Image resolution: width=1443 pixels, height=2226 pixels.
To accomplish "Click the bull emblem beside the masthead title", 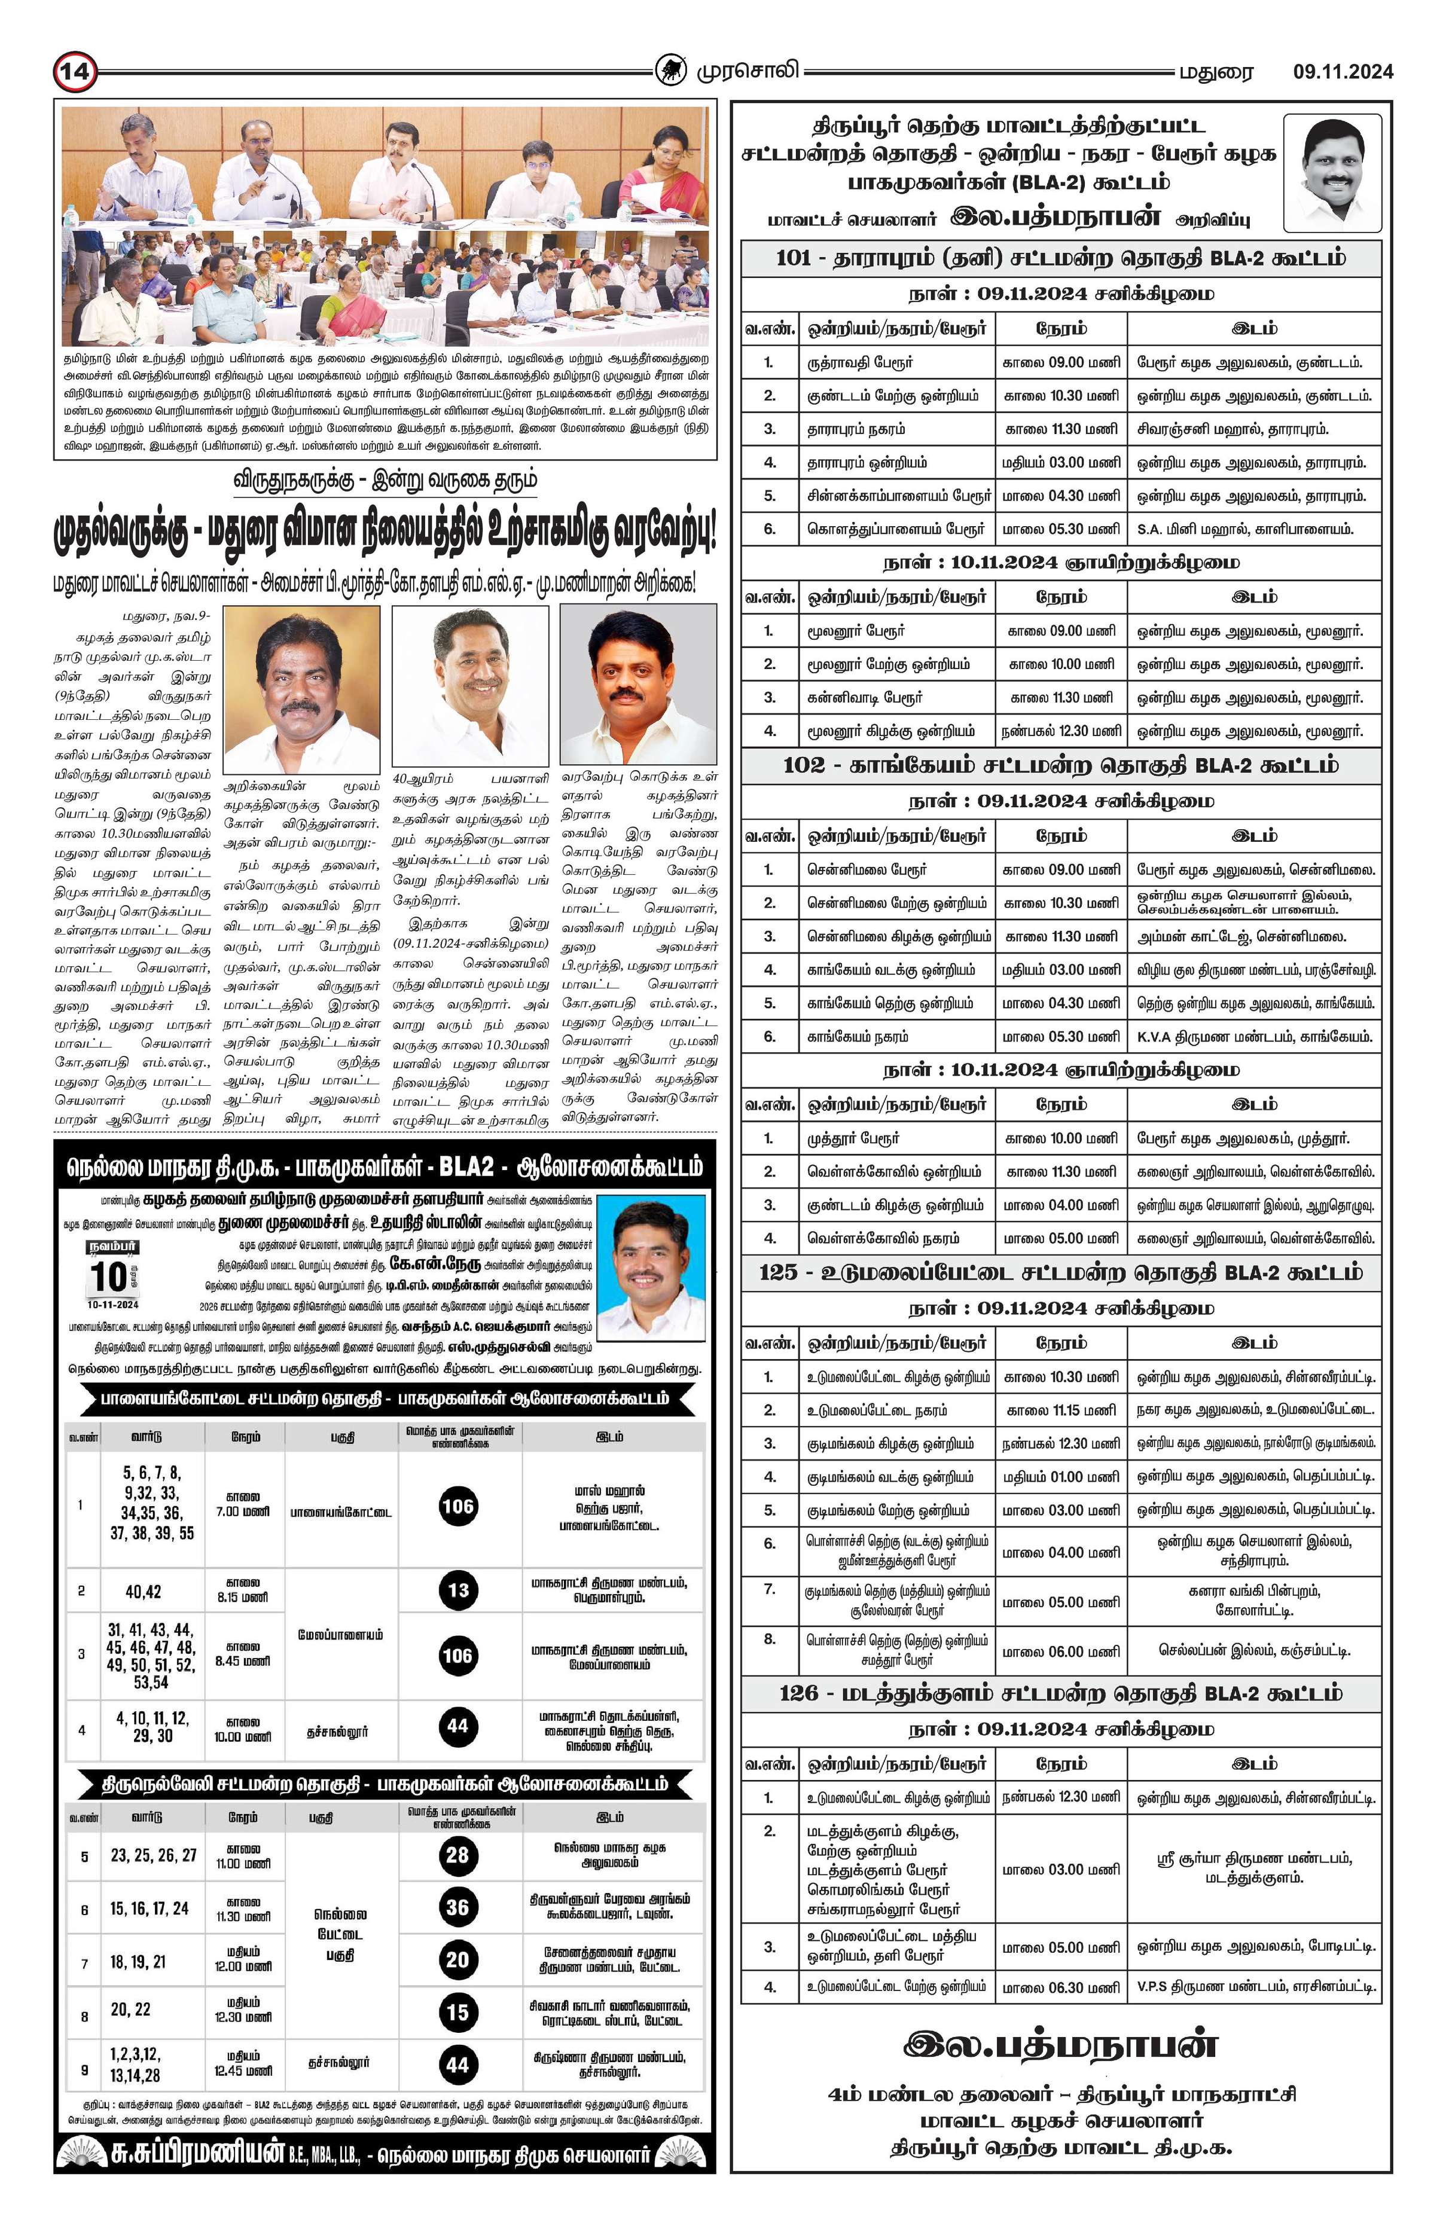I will click(x=669, y=70).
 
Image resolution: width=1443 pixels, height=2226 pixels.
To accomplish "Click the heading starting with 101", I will click(x=1060, y=258).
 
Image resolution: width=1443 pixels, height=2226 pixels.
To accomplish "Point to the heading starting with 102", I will click(x=1060, y=765).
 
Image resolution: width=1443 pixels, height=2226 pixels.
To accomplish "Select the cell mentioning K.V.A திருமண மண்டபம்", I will click(x=1253, y=1036).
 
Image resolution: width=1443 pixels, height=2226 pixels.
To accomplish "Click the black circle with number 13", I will click(x=457, y=1590).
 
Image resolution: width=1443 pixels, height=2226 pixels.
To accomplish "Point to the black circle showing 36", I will click(x=457, y=1907).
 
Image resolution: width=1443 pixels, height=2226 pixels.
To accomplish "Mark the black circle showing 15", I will click(x=457, y=2012).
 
